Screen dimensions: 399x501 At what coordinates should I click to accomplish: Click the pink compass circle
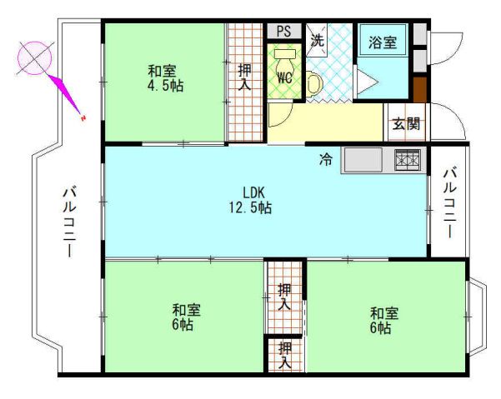(x=35, y=57)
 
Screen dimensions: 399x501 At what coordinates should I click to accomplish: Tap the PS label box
(x=283, y=32)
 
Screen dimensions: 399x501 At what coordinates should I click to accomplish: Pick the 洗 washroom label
(x=318, y=38)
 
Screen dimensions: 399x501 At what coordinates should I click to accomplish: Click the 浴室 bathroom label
(x=383, y=39)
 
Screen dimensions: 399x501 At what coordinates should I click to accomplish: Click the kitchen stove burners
(x=408, y=158)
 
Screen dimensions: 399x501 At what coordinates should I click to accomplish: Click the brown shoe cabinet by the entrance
(x=420, y=87)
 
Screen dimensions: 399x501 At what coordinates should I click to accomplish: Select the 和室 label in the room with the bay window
(x=384, y=313)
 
